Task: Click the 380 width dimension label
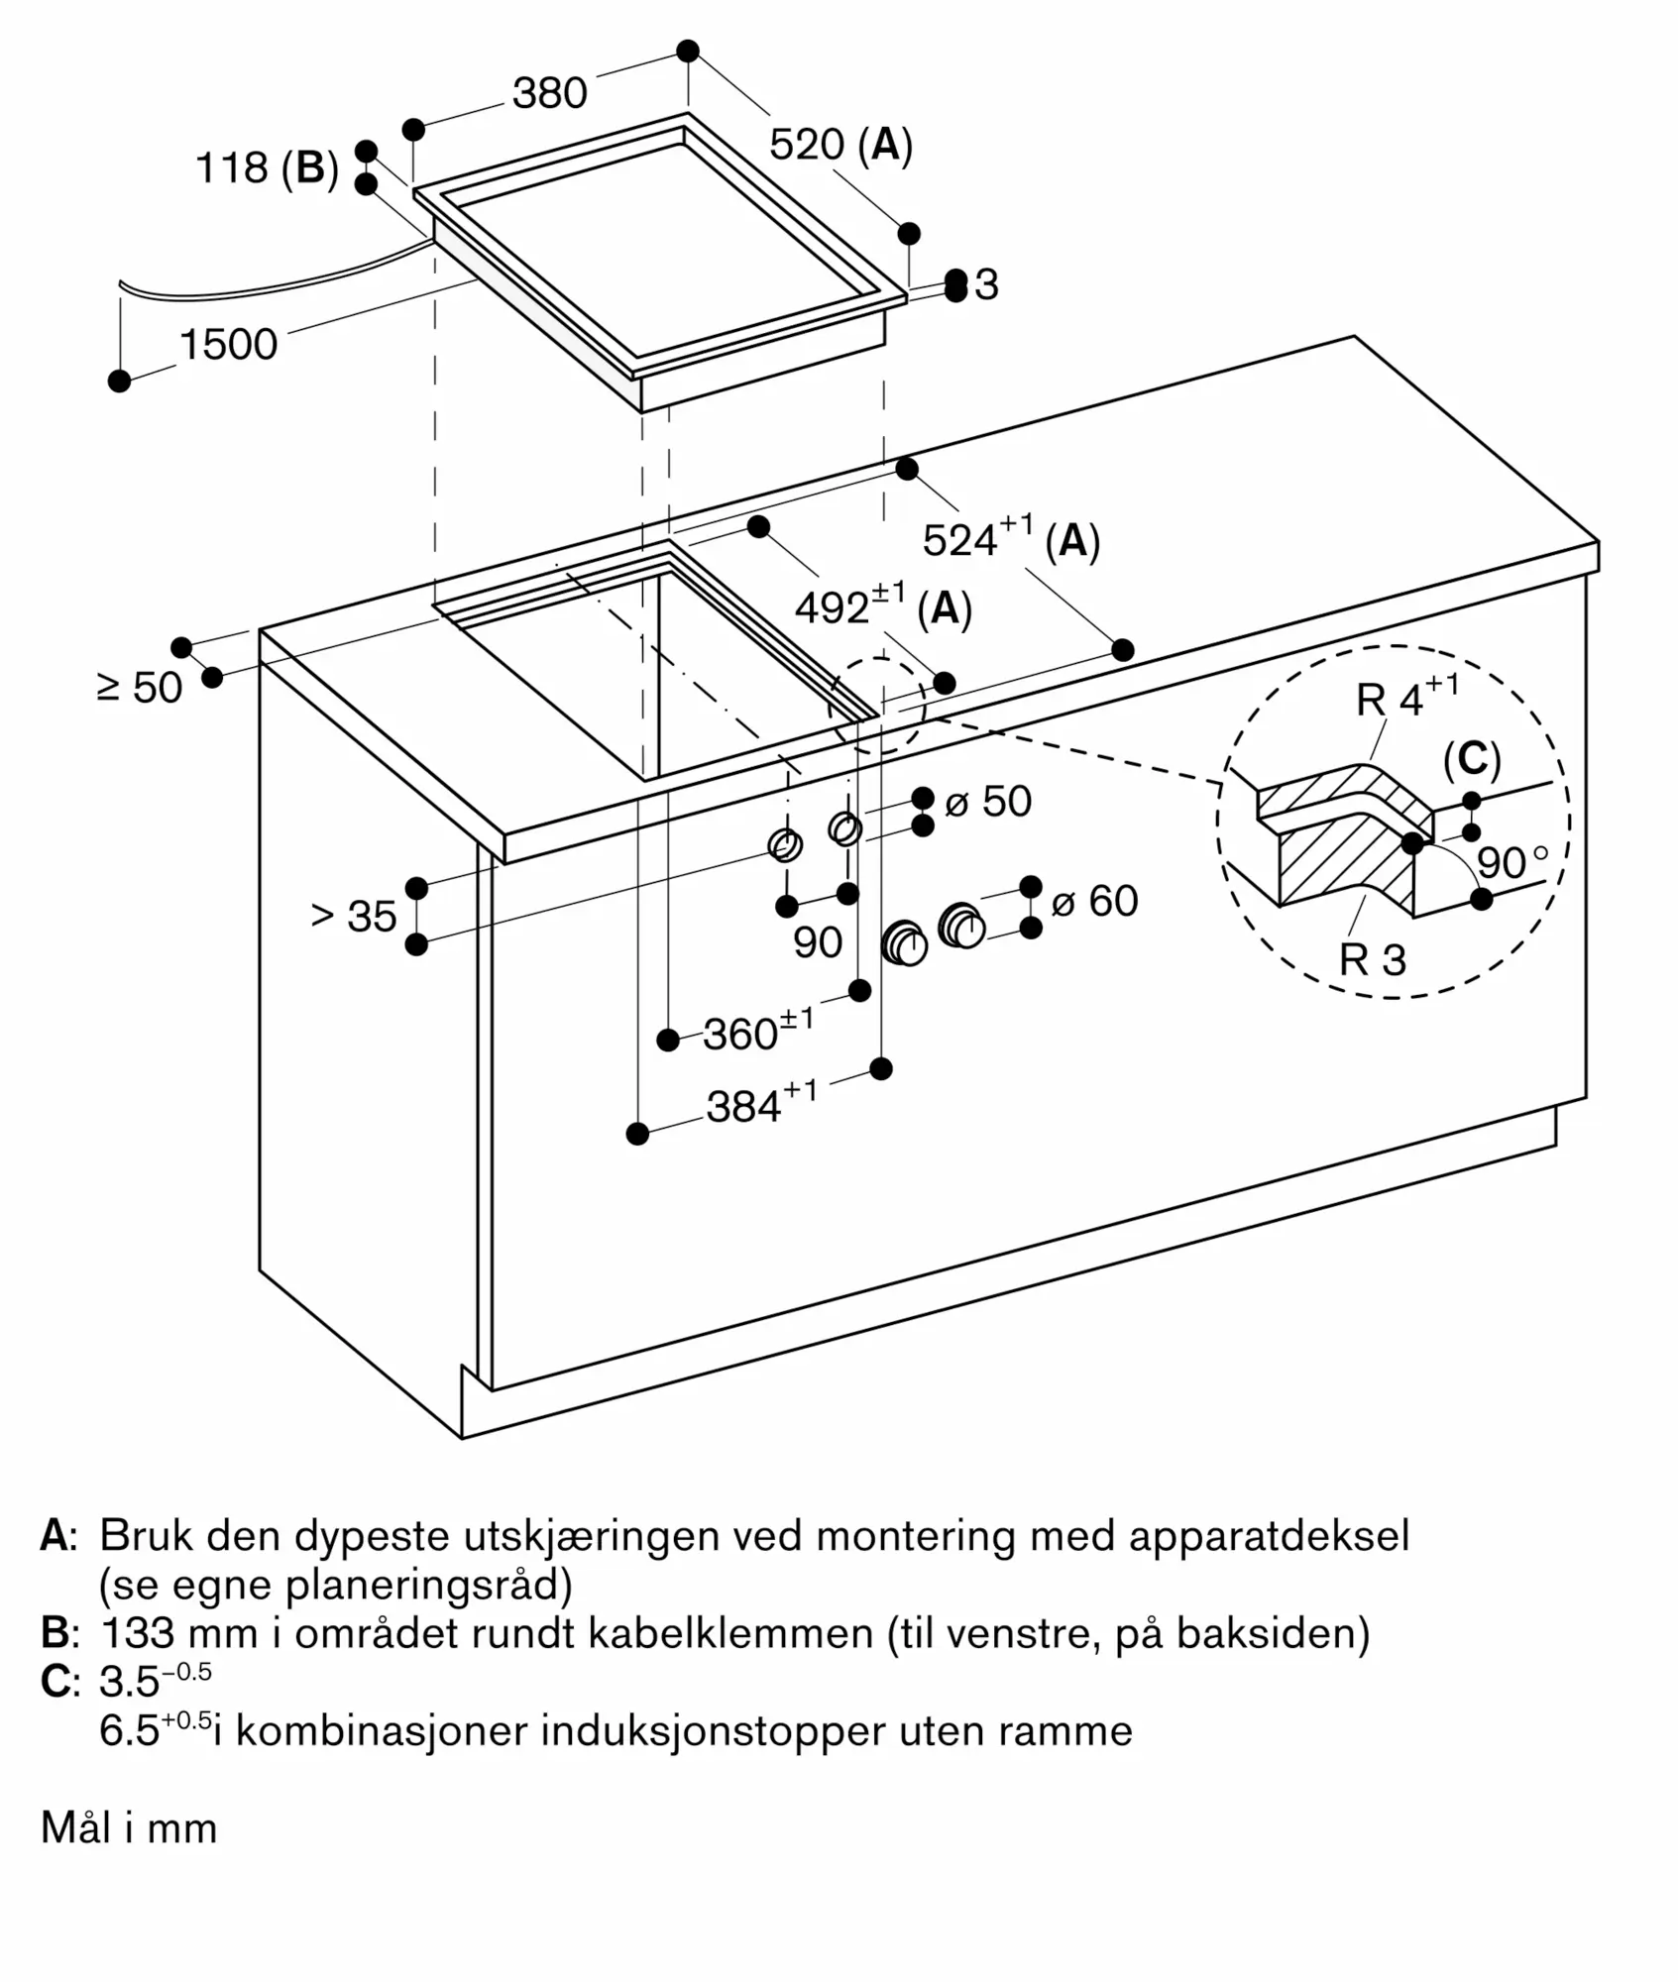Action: point(549,93)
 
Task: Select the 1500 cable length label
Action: point(228,345)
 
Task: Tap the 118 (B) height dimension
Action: point(267,167)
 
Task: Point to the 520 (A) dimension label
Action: point(840,145)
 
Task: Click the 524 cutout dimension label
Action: point(1011,539)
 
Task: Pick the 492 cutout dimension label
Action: point(883,606)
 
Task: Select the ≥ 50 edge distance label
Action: point(140,688)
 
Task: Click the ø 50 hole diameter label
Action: point(988,801)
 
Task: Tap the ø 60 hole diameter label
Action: point(1094,901)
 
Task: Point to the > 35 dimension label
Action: point(354,916)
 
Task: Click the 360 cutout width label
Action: point(758,1033)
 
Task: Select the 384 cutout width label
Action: point(761,1105)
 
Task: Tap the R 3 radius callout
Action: point(1373,959)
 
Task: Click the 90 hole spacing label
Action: point(818,942)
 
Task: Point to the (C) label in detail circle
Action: point(1472,759)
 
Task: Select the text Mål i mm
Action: point(129,1827)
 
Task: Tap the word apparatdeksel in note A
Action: point(1268,1536)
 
